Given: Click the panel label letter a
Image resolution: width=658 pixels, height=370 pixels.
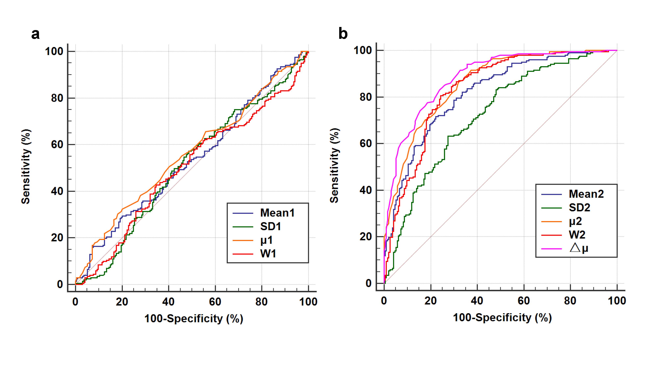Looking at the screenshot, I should [x=36, y=34].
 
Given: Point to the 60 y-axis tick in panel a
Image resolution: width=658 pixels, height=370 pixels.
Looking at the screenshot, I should [x=57, y=145].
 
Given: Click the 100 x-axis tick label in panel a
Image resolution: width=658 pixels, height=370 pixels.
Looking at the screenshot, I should [x=308, y=302].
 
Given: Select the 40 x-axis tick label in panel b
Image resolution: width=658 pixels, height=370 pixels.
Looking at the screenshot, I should [x=477, y=301].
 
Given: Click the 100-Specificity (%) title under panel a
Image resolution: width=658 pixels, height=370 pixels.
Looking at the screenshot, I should [x=194, y=319].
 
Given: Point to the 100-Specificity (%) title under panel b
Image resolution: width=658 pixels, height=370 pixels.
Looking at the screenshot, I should [x=502, y=318].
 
